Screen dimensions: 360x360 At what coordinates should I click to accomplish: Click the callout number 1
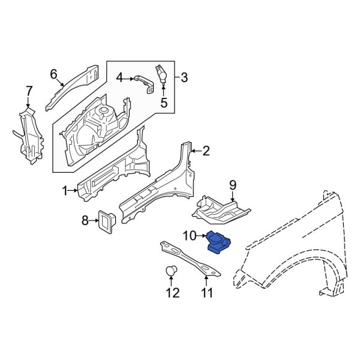point(65,191)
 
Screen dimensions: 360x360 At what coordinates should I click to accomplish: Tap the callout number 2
point(206,151)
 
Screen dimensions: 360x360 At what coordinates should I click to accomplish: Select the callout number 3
point(184,77)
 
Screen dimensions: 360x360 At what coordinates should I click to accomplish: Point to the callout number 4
point(119,77)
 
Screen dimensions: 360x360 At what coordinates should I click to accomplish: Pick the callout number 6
point(53,74)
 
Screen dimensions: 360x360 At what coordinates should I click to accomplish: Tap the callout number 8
point(85,221)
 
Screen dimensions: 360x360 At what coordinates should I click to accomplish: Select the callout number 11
point(207,293)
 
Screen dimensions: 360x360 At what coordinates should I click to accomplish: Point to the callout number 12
point(173,293)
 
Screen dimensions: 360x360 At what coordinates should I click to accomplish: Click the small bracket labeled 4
point(141,80)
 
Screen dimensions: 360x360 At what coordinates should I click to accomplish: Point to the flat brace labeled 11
point(189,259)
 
